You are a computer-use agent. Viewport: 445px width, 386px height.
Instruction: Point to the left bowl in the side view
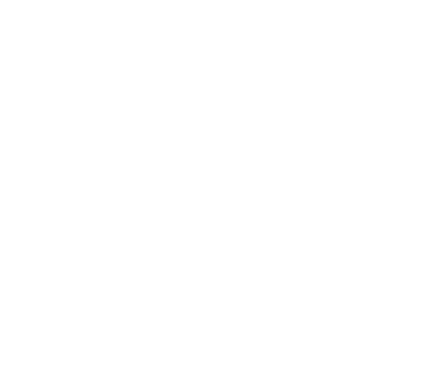(182, 282)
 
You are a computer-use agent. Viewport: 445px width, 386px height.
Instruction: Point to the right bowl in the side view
(260, 282)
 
